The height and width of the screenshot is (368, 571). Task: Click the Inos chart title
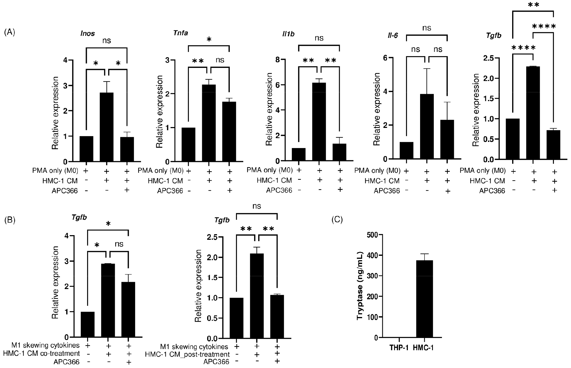[88, 33]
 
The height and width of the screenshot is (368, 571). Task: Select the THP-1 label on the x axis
[399, 348]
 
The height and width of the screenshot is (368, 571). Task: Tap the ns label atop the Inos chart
[107, 40]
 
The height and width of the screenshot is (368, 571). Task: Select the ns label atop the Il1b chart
[319, 38]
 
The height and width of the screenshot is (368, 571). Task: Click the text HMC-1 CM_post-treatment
[187, 354]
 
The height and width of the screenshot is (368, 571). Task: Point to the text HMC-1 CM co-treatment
[41, 353]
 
